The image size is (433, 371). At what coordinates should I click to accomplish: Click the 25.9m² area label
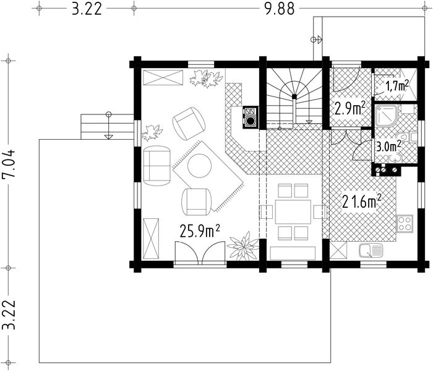200,231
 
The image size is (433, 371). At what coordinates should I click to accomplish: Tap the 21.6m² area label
362,201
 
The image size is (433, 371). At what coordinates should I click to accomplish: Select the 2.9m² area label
350,108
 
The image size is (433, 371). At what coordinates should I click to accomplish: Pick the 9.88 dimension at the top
280,9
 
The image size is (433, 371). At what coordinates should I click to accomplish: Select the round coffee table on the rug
199,166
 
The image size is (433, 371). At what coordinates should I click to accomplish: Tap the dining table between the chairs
293,211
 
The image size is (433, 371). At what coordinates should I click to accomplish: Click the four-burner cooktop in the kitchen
405,223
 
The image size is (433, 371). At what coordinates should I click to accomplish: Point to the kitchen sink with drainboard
371,250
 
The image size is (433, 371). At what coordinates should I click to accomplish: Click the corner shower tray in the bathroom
387,116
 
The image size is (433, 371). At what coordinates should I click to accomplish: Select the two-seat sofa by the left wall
157,165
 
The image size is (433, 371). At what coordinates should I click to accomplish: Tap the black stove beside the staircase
251,117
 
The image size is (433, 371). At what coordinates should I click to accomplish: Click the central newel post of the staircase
294,96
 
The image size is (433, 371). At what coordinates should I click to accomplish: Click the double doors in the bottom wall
200,252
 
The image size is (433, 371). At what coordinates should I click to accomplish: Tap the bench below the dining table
293,254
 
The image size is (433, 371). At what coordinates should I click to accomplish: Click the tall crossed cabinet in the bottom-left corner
151,239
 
